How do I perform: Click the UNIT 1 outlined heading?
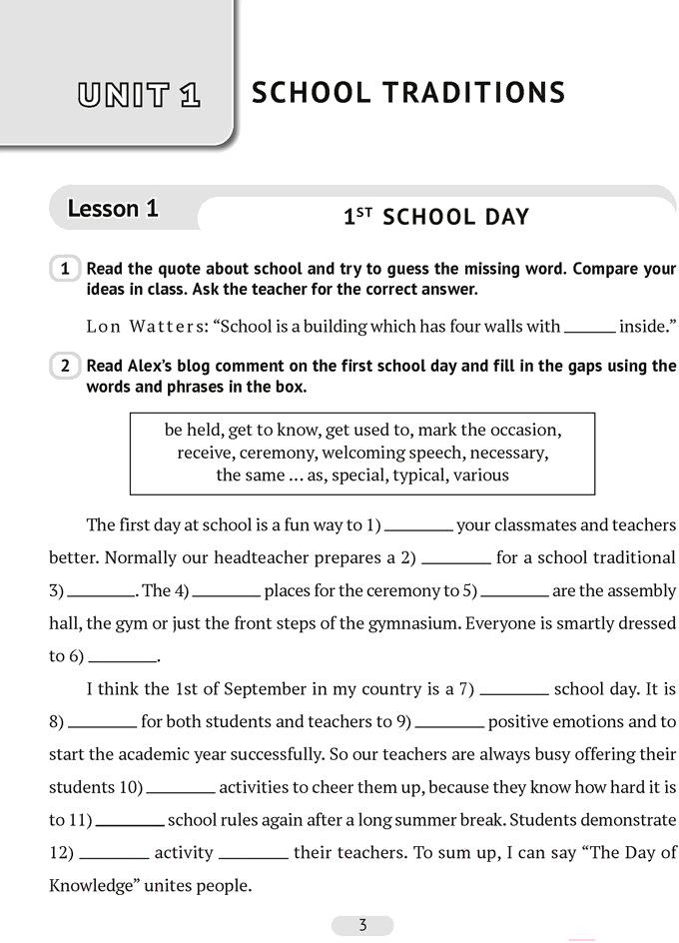pyautogui.click(x=140, y=95)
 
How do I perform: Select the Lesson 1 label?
pyautogui.click(x=113, y=209)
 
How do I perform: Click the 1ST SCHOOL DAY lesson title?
pyautogui.click(x=436, y=217)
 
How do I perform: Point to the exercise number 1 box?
pyautogui.click(x=65, y=269)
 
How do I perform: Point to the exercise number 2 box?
pyautogui.click(x=65, y=366)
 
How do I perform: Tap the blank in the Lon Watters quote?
pyautogui.click(x=589, y=328)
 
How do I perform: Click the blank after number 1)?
pyautogui.click(x=418, y=526)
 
